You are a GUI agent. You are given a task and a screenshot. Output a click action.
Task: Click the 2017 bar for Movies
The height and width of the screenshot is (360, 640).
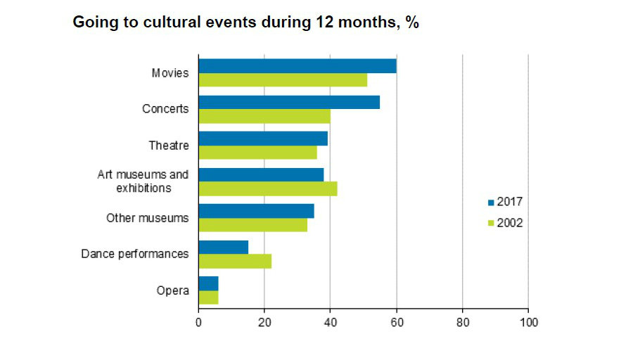click(297, 66)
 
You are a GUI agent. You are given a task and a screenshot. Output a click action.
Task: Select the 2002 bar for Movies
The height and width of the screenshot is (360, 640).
click(283, 80)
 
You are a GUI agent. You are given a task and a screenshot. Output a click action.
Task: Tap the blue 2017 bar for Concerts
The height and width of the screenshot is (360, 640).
click(289, 102)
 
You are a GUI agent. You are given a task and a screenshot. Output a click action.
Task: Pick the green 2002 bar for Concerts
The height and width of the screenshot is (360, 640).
click(264, 116)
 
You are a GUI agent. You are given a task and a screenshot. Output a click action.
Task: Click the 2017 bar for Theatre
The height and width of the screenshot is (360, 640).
click(263, 139)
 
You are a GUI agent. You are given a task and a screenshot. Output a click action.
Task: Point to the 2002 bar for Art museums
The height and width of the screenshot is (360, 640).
click(268, 188)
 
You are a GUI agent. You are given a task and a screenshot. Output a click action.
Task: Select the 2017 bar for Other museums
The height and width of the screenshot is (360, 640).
click(256, 211)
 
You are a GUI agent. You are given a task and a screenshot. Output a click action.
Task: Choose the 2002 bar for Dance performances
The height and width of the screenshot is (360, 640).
click(235, 261)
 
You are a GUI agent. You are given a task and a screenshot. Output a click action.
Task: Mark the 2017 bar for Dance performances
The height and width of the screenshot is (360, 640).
click(224, 247)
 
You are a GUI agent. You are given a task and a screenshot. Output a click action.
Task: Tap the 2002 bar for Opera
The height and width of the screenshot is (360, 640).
click(208, 297)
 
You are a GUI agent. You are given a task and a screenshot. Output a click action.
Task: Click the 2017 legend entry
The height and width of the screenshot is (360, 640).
click(505, 202)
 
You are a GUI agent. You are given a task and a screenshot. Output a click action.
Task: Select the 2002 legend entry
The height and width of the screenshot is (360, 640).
click(505, 223)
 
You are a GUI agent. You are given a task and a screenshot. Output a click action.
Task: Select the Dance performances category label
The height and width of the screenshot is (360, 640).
click(135, 254)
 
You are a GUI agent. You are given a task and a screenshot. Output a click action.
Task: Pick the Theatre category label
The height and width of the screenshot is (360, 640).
click(169, 146)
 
